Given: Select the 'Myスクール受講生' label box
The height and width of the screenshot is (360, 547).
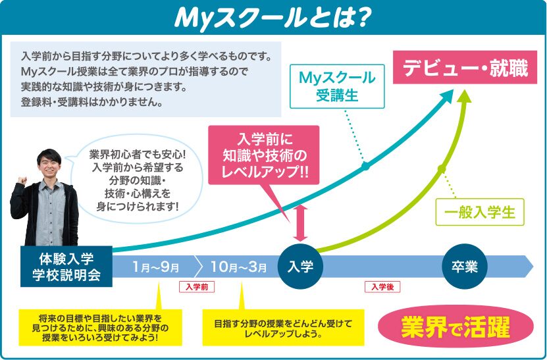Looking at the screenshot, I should click(336, 86).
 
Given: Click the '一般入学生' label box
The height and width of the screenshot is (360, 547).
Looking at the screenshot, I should click(479, 213).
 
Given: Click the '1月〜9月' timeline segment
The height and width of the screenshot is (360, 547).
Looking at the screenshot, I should click(155, 267).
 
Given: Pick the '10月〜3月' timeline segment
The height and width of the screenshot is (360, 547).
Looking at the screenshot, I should click(238, 267).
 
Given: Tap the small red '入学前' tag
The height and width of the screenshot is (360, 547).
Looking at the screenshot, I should click(197, 287).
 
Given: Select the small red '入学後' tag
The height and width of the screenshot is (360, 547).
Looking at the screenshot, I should click(382, 287).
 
